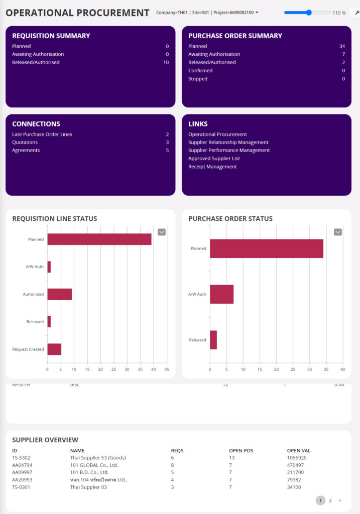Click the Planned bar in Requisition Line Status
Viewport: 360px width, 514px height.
point(99,239)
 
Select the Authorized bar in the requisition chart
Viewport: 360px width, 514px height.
point(59,294)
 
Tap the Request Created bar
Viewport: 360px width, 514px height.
point(54,349)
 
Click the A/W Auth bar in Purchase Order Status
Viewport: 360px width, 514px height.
point(221,294)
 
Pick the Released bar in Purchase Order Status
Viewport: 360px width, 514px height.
point(213,340)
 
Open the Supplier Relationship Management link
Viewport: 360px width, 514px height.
point(228,142)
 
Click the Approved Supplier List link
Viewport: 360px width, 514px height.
point(214,159)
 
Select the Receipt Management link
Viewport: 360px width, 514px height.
point(212,167)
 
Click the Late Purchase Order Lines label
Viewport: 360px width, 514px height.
point(42,135)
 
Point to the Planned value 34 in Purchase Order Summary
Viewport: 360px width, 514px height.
point(342,46)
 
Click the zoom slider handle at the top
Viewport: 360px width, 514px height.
point(309,13)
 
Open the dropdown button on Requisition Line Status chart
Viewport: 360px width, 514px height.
point(162,232)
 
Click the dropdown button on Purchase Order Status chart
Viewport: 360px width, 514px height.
point(338,232)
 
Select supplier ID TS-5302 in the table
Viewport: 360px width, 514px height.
point(21,458)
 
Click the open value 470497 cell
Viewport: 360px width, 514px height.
point(295,465)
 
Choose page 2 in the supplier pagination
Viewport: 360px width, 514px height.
point(330,500)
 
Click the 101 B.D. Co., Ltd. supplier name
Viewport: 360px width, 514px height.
point(89,472)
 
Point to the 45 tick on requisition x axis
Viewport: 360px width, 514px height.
point(167,369)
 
